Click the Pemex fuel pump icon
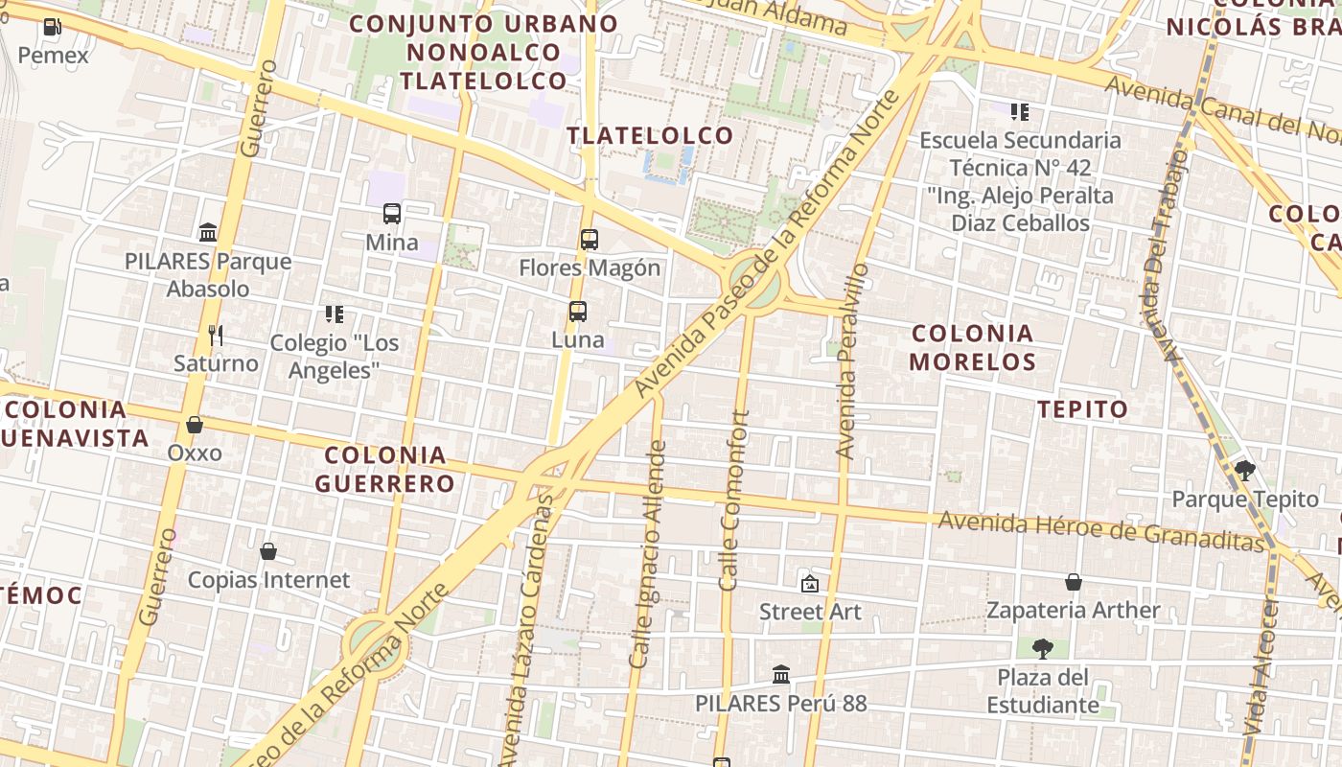54,27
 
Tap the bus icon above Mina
392,214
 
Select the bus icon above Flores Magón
590,240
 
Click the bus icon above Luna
577,312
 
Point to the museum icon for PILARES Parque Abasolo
208,232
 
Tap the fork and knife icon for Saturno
216,335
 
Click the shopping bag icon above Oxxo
195,424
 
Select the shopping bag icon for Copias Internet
268,551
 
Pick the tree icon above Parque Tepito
1245,470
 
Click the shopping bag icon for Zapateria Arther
1074,582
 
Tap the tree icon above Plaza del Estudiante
1043,649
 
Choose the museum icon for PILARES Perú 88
781,675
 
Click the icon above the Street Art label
810,583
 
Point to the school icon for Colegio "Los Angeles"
334,314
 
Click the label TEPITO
1083,409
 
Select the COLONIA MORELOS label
973,347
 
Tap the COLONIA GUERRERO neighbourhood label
385,469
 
